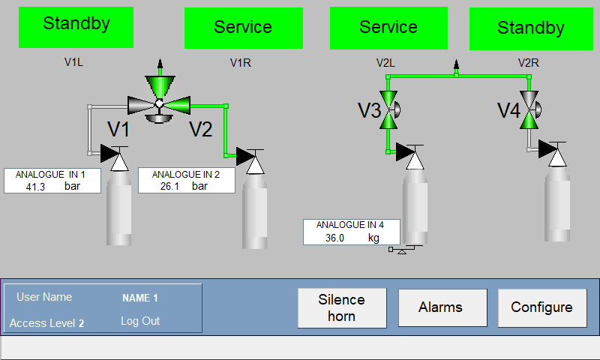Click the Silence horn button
[342, 308]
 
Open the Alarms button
[442, 307]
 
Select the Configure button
[542, 307]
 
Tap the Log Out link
[140, 321]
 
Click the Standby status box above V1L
[76, 27]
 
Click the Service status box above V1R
[244, 28]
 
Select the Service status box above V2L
[388, 28]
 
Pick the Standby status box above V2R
[531, 28]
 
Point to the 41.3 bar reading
[52, 187]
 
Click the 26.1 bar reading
[184, 186]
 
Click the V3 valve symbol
[389, 109]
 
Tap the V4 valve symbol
[530, 109]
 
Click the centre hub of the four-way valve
[159, 103]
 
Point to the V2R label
[529, 63]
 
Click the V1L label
[73, 62]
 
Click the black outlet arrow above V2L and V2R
[456, 64]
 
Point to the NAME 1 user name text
[140, 298]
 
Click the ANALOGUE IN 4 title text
[349, 225]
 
